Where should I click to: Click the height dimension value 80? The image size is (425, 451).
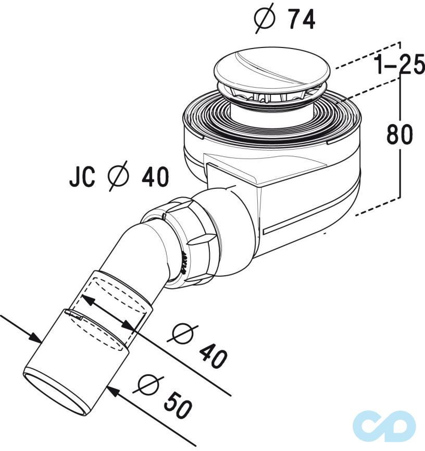coord(399,135)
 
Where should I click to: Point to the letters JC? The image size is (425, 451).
coord(82,178)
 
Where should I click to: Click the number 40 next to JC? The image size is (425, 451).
coord(155,178)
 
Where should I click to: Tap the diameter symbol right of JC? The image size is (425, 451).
coord(118,178)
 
